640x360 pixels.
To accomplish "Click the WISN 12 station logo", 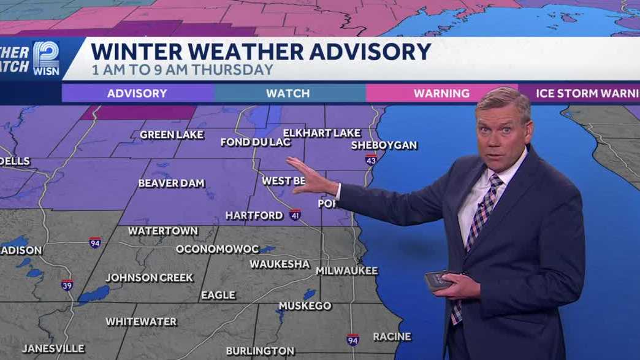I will (46, 59).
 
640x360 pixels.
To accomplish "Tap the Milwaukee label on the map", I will (346, 270).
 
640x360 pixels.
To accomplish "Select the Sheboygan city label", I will (384, 145).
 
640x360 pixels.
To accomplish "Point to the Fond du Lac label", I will (252, 142).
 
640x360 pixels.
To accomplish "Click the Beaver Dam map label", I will (171, 183).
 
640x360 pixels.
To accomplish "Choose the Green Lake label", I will (172, 134).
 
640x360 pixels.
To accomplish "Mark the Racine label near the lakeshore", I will (392, 336).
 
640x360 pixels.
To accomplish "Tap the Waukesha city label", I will (280, 264).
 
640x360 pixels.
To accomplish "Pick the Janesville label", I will (53, 348).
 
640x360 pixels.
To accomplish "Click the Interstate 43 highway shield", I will (371, 160).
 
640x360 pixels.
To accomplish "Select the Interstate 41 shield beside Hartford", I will (295, 215).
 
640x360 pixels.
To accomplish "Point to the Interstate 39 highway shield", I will (67, 285).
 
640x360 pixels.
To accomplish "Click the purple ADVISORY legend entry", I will (137, 93).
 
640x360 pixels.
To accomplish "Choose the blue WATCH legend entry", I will (288, 93).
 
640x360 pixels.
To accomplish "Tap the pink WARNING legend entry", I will (441, 93).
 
